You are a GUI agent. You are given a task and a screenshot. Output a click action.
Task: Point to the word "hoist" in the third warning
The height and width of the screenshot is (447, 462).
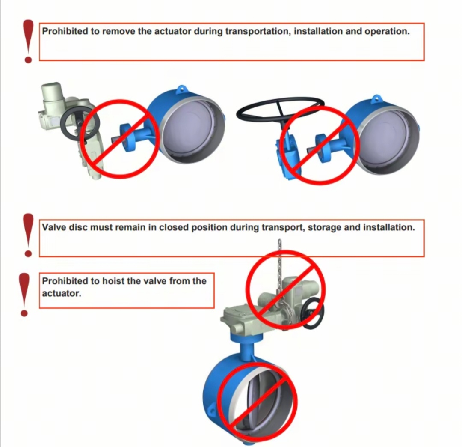pos(113,281)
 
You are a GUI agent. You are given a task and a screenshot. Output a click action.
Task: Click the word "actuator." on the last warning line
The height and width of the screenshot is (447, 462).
pos(61,293)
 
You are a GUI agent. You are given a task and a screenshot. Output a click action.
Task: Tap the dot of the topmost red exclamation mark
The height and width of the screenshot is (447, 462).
pos(28,60)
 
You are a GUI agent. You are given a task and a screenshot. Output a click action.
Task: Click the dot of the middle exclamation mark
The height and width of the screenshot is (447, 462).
pos(28,253)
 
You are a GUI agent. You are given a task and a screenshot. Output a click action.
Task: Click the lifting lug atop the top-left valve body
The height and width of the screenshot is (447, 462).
pos(182,89)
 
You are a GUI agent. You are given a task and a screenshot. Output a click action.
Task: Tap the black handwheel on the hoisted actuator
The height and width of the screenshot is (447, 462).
pos(314,313)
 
